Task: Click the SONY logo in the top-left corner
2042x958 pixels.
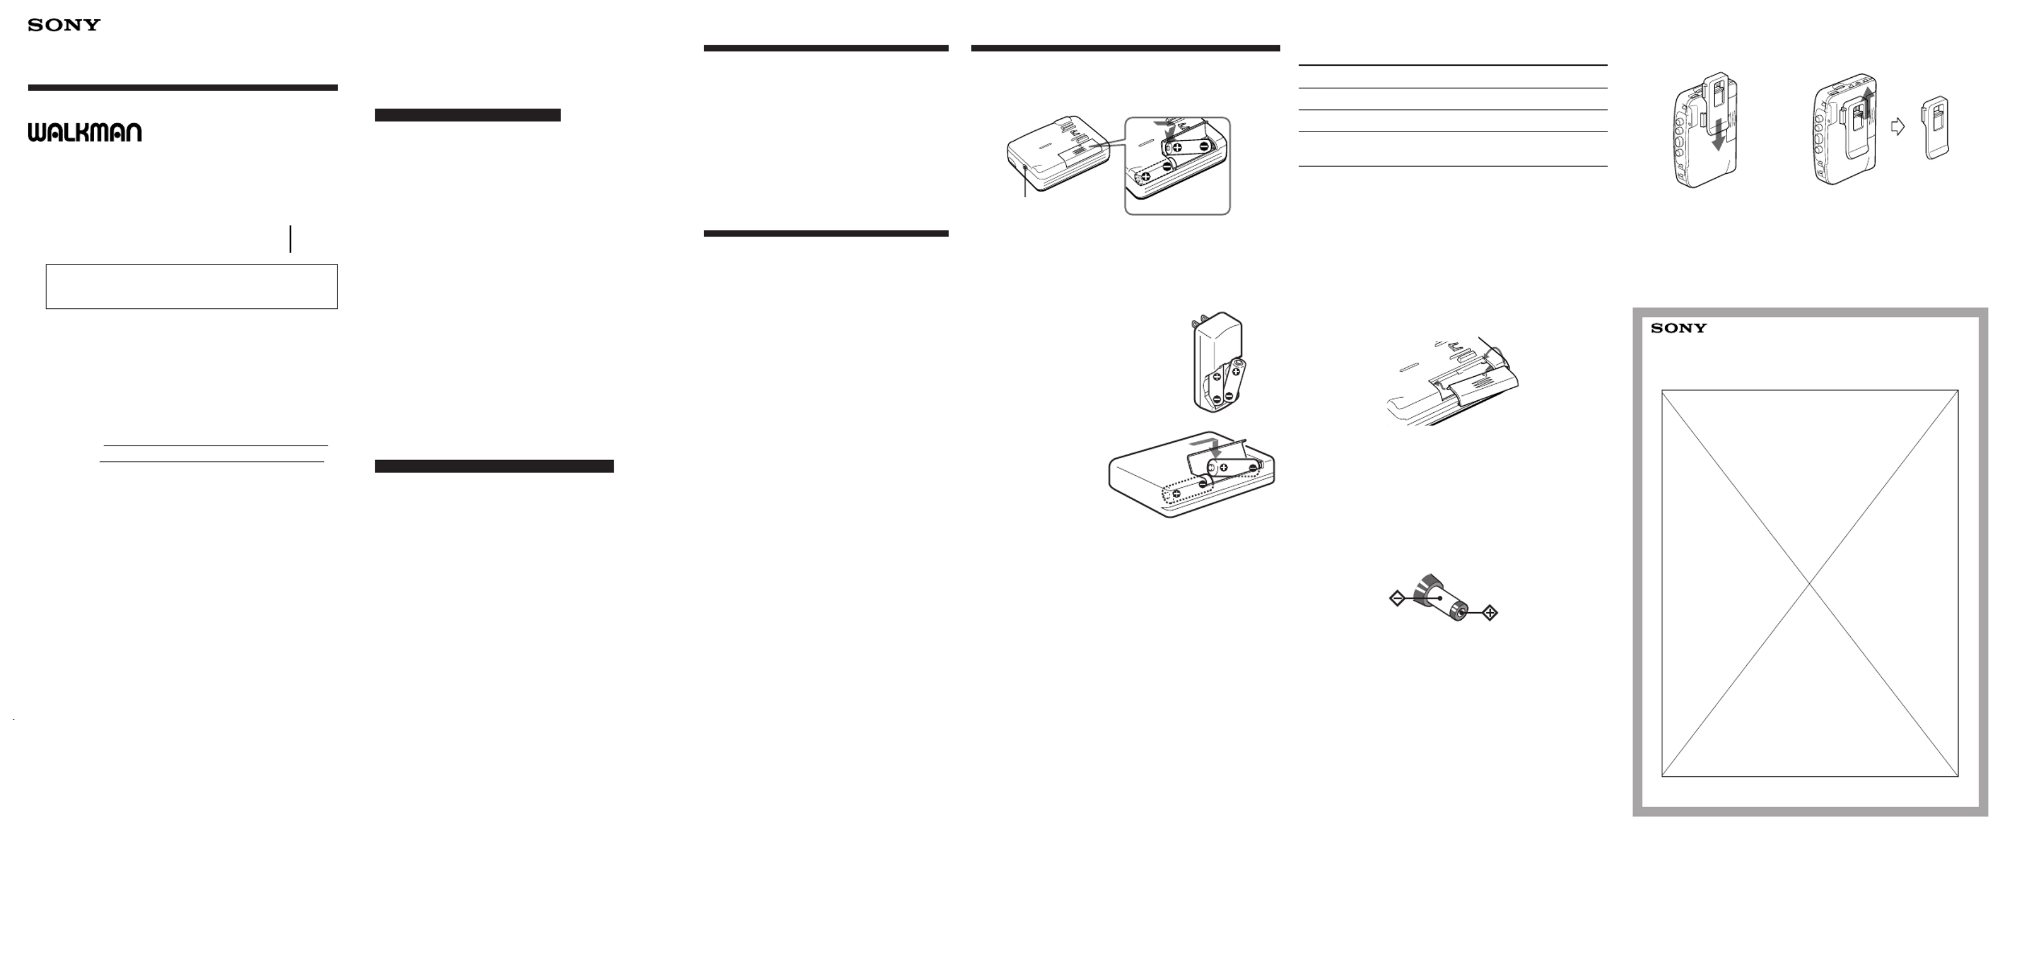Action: coord(64,25)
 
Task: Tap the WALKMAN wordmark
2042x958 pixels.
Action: coord(85,132)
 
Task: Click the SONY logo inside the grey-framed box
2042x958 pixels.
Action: coord(1679,328)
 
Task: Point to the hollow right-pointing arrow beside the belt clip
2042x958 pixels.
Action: coord(1898,126)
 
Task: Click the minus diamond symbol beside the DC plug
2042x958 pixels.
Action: coord(1398,599)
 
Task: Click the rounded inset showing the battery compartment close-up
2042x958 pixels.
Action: coord(1177,166)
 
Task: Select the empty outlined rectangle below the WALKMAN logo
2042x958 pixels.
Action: coord(192,286)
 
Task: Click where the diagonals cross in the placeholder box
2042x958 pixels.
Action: coord(1810,584)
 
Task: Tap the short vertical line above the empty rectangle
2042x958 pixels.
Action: coord(291,238)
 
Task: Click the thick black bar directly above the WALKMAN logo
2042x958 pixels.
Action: coord(183,88)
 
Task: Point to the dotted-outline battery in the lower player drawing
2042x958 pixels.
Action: coord(1188,493)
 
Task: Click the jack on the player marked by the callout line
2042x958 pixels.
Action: coord(1026,167)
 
